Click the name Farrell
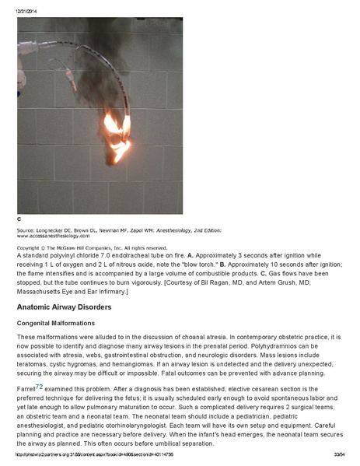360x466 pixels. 26,387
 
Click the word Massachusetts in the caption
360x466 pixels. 46,291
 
